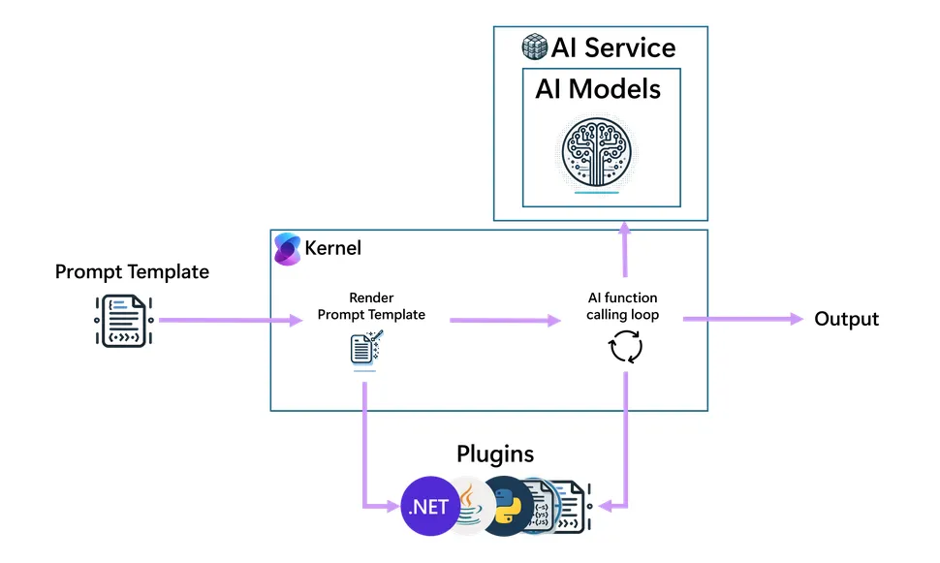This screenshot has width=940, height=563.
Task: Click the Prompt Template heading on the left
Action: click(x=132, y=271)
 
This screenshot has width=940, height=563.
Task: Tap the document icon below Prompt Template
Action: click(x=125, y=319)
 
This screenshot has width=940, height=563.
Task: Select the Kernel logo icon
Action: click(x=288, y=248)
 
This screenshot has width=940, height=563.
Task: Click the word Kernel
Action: click(x=332, y=248)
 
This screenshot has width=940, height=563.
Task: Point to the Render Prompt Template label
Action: click(x=371, y=306)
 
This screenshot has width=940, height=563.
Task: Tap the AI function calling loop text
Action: click(x=623, y=306)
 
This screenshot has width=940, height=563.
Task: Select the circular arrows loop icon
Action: click(x=625, y=347)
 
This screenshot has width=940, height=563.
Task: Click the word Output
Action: click(x=846, y=319)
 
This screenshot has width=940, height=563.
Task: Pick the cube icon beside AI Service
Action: click(x=534, y=47)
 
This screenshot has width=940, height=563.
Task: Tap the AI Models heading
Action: click(x=598, y=89)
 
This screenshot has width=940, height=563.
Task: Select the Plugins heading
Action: click(x=494, y=454)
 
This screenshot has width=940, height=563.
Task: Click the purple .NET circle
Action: click(x=427, y=507)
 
